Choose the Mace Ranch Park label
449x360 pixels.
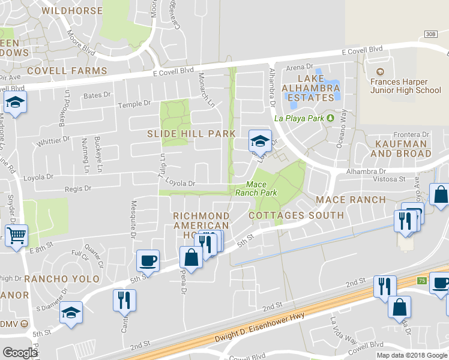coord(256,189)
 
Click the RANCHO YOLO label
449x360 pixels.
coord(59,279)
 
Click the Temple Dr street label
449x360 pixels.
coord(134,104)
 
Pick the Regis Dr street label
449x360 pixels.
coord(79,188)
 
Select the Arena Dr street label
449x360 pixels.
coord(300,68)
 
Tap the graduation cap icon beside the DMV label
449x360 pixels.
coord(71,312)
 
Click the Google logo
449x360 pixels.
coord(20,353)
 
